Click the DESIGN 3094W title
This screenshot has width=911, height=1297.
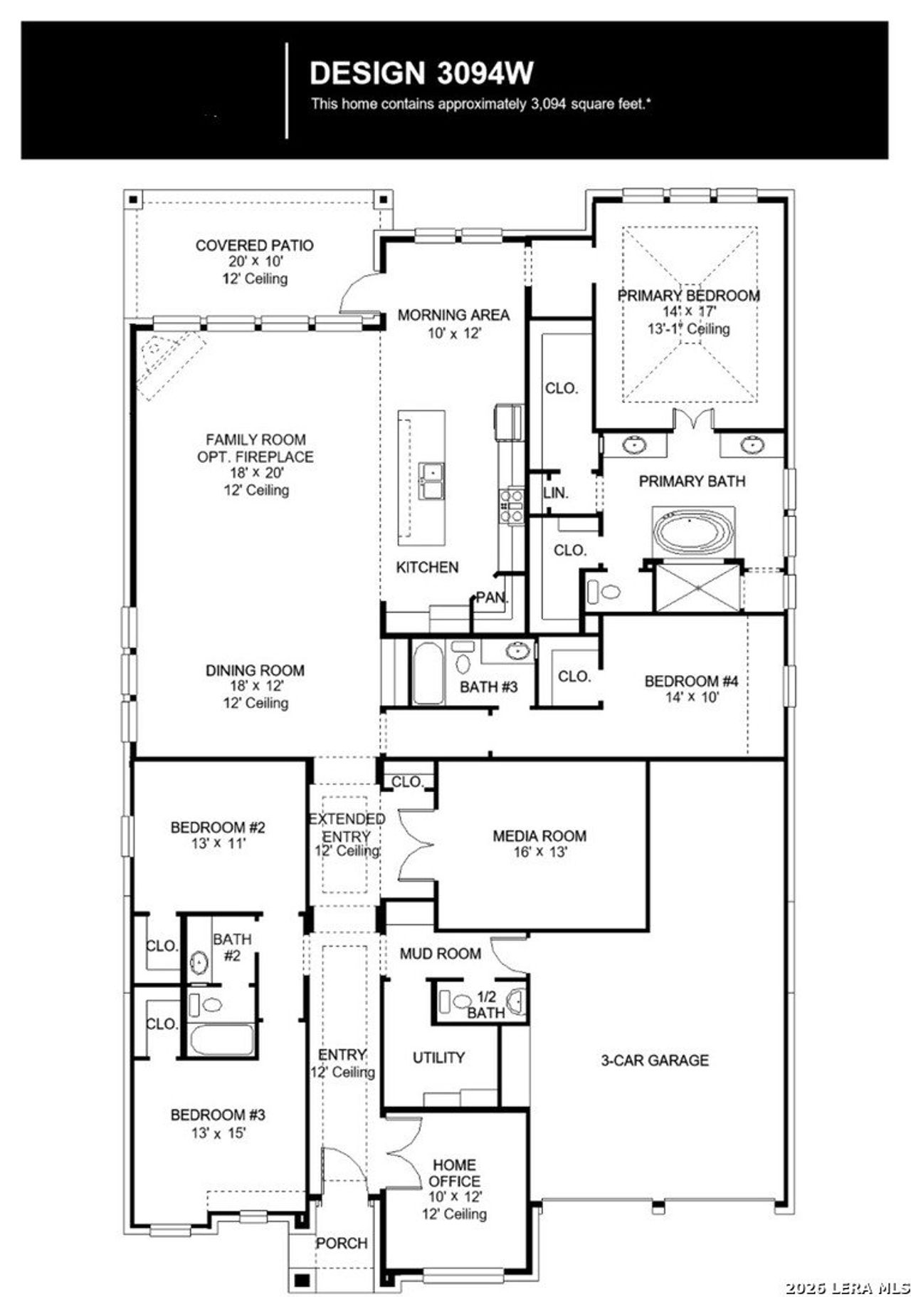[421, 73]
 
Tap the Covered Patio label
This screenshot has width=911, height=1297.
[254, 246]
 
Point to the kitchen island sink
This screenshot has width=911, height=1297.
[432, 480]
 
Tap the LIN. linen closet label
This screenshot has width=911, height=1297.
[555, 493]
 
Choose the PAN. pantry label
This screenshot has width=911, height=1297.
[491, 598]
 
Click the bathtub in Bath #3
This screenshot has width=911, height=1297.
[427, 673]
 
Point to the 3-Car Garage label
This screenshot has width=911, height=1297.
[655, 1061]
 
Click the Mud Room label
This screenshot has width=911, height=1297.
[440, 954]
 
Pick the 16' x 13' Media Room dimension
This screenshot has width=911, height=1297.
[539, 852]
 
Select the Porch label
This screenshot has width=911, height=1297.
[342, 1243]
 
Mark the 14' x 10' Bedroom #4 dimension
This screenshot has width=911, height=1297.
[692, 697]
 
